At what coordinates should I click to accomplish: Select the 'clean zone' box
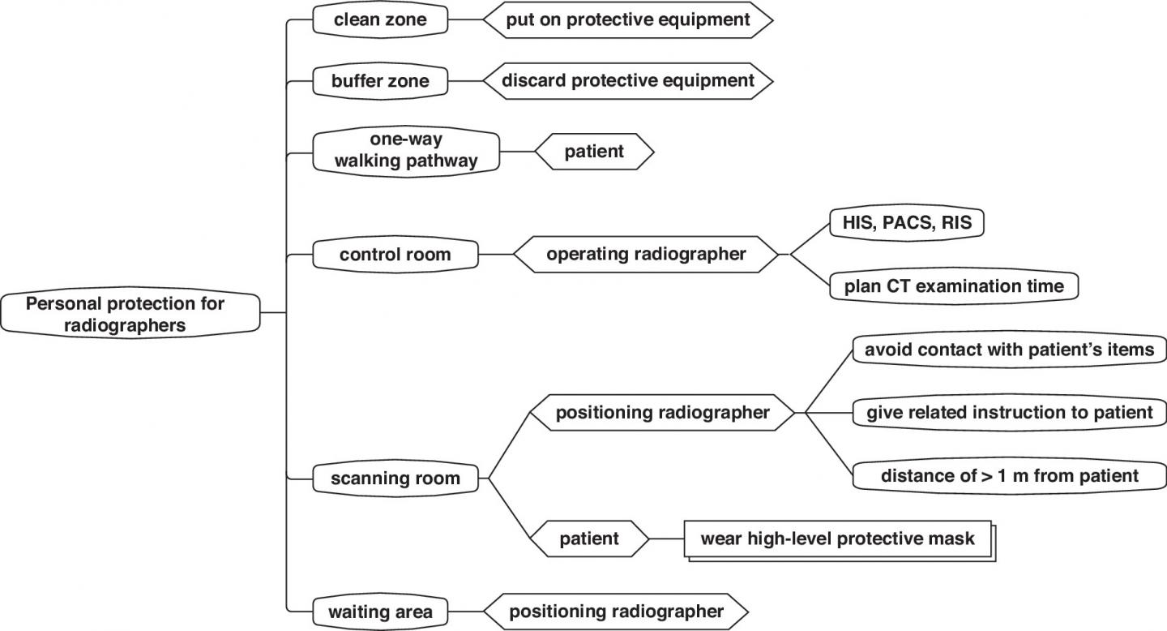click(x=380, y=20)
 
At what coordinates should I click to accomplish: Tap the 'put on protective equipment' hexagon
click(x=628, y=20)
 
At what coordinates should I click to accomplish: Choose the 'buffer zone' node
click(x=380, y=81)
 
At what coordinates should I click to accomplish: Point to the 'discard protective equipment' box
click(x=628, y=81)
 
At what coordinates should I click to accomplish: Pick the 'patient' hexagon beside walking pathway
click(x=594, y=151)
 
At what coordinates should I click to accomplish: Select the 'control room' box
click(x=395, y=255)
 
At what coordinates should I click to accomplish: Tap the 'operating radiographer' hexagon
click(x=645, y=255)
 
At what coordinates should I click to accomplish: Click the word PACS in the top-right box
click(x=908, y=223)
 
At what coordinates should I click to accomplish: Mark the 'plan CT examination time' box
click(x=954, y=286)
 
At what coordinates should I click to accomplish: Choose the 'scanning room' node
click(x=395, y=478)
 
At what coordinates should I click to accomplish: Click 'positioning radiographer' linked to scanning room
click(x=661, y=413)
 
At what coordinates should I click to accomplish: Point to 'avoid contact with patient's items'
click(x=1009, y=350)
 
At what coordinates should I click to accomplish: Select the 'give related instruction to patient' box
click(x=1009, y=413)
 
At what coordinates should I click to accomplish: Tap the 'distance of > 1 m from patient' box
click(x=1009, y=475)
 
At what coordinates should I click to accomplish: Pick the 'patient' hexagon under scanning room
click(x=589, y=538)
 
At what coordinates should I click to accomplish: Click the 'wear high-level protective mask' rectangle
click(x=838, y=539)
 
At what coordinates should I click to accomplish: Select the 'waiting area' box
click(x=380, y=611)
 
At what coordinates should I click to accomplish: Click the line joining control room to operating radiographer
click(x=496, y=255)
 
